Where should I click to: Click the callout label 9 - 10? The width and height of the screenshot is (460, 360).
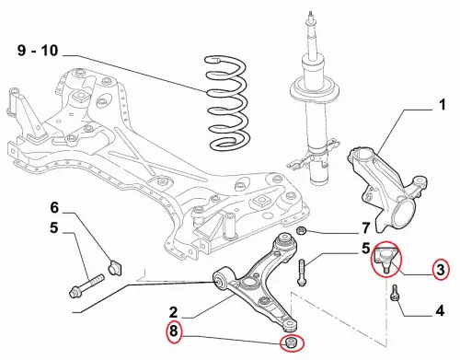(x=38, y=51)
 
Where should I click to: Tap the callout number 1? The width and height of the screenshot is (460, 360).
(x=442, y=105)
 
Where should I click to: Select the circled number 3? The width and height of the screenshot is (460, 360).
(x=441, y=270)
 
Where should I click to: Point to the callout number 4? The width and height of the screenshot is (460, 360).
(x=440, y=311)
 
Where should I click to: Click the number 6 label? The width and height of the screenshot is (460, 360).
(x=54, y=208)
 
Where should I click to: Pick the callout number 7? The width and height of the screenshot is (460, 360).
(x=366, y=228)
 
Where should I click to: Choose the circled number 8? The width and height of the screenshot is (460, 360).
(x=174, y=331)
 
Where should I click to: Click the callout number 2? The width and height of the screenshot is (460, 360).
(x=173, y=312)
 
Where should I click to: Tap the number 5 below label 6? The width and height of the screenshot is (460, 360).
(x=54, y=228)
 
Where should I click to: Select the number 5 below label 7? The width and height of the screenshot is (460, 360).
(x=366, y=249)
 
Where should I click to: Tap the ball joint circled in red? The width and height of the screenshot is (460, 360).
(x=385, y=257)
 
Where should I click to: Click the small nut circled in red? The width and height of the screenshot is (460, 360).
(x=290, y=343)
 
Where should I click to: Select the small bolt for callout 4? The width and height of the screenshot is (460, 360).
(x=395, y=294)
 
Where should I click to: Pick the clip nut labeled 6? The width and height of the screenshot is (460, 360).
(x=114, y=266)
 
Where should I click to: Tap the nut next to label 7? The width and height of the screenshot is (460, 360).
(x=302, y=230)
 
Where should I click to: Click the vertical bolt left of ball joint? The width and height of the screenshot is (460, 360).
(x=302, y=273)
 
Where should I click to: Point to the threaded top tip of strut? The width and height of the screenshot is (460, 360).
(x=311, y=15)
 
